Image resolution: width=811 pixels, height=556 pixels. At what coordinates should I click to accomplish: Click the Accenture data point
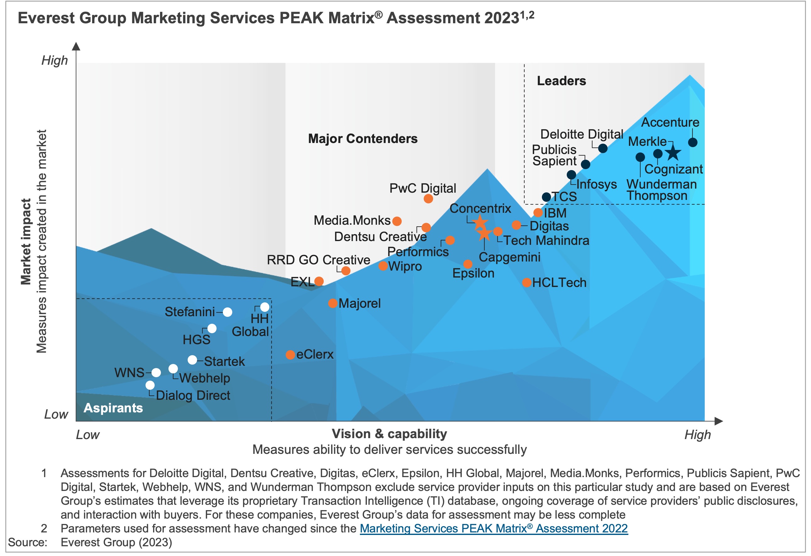pos(693,142)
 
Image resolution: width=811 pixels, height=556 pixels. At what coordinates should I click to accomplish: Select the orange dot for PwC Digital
pos(428,199)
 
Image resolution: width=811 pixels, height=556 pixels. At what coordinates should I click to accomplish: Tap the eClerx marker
pos(290,355)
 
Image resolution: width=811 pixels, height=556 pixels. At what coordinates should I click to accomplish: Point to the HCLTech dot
pos(527,282)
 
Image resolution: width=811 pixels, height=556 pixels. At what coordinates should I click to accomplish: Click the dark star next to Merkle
pos(673,152)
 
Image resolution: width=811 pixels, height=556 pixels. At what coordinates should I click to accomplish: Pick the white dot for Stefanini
pos(227,312)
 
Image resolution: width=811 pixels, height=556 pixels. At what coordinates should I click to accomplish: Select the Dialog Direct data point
pos(150,385)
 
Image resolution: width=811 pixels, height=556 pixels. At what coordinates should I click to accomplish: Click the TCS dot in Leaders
pos(547,197)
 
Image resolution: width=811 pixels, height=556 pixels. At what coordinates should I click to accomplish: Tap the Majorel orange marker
pos(333,303)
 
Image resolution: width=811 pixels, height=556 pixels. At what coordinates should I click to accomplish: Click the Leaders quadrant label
pos(561,81)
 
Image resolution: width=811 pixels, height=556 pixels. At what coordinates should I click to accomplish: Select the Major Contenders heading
pos(362,139)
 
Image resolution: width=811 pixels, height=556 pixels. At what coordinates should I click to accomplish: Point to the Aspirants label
pos(113,408)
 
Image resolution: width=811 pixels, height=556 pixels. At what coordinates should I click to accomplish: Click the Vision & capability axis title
pos(389,434)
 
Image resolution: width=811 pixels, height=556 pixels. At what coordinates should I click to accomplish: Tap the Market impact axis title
pos(26,241)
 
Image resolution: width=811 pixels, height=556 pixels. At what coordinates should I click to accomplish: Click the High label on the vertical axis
pos(54,60)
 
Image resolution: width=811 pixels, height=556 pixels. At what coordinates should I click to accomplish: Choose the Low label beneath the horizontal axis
pos(88,435)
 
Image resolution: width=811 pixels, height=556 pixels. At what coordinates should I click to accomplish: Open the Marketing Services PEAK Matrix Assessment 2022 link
pos(494,528)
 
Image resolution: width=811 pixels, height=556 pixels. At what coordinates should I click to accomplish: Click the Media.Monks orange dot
pos(397,221)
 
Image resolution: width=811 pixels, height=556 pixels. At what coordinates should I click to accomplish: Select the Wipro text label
pos(405,266)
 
